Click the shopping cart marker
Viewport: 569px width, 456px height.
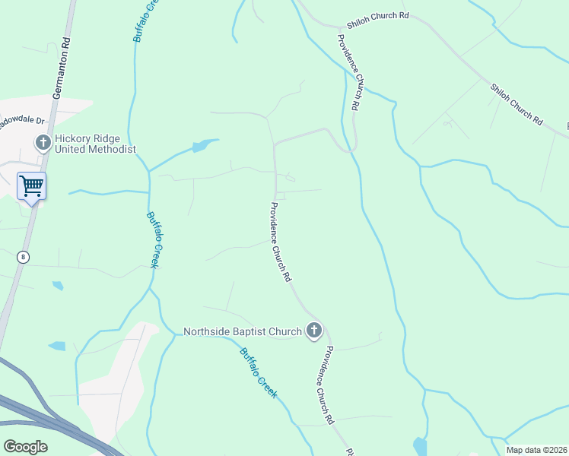(31, 185)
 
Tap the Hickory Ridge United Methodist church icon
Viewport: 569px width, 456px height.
(43, 141)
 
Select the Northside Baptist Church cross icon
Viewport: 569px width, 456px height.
(313, 331)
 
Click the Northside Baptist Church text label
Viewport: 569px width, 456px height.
(243, 331)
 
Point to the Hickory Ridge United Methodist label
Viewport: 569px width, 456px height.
(94, 144)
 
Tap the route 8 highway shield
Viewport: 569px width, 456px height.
(24, 257)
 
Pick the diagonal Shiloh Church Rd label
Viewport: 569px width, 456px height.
(517, 104)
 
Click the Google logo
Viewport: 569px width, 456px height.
(25, 447)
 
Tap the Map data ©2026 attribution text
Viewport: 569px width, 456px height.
(536, 450)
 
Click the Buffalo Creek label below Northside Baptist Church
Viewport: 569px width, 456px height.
(259, 372)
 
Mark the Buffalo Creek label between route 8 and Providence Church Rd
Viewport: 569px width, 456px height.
(157, 238)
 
